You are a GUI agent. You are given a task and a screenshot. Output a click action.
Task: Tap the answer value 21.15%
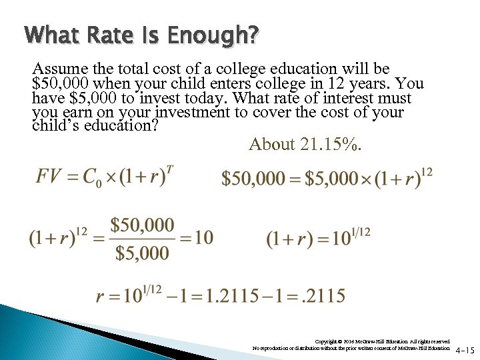tap(331, 144)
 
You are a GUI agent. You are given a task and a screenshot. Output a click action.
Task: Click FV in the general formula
tap(49, 177)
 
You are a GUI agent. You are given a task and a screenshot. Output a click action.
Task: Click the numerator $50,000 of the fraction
tap(142, 225)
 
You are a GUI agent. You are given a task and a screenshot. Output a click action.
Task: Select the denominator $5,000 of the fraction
tap(142, 253)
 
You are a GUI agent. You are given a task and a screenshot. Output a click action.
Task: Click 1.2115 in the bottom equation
tap(234, 295)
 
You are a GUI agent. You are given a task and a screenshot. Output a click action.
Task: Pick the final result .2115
tap(323, 295)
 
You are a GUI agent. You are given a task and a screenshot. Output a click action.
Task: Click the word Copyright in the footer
tap(327, 341)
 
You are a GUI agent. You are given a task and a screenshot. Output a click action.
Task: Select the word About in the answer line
tap(271, 144)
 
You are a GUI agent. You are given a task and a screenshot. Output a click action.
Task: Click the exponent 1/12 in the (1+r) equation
tap(359, 233)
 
